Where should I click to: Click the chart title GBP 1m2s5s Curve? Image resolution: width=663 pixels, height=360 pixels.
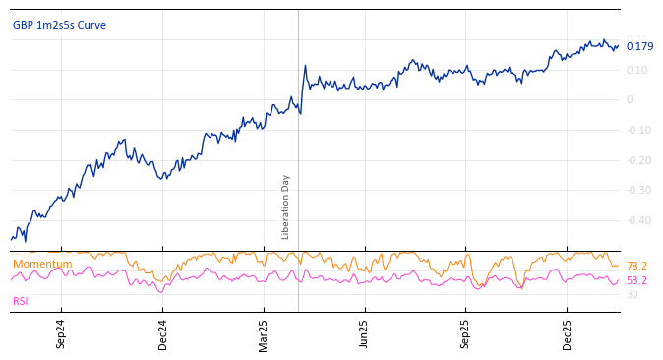(59, 26)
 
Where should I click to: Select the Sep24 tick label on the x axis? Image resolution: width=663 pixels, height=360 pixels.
(61, 334)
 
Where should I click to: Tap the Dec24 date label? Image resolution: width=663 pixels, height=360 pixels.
(162, 334)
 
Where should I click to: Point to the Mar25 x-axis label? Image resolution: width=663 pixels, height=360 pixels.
(264, 334)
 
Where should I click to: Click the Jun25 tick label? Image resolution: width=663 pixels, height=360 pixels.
(364, 334)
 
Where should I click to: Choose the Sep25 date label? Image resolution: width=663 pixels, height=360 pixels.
(465, 334)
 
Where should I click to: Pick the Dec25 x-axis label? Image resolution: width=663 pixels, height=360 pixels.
(567, 334)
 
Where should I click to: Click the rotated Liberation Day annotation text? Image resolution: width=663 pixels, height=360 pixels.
(286, 207)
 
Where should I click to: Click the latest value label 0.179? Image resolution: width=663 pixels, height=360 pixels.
(639, 46)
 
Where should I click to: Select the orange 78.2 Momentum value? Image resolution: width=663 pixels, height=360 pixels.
(636, 267)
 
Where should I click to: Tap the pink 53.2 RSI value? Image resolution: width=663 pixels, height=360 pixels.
(636, 280)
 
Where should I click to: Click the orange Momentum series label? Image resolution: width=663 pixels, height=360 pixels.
(42, 264)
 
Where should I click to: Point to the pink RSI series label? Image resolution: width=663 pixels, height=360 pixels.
(21, 301)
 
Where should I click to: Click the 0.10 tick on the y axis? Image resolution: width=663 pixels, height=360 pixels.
(636, 70)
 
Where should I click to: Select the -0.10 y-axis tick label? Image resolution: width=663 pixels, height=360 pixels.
(636, 131)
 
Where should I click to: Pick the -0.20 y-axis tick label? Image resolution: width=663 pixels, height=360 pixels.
(636, 161)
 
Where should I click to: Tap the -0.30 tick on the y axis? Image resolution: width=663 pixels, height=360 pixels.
(636, 191)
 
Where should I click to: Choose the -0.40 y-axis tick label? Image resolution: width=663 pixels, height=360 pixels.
(636, 221)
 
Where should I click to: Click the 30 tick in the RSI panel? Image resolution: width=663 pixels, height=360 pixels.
(632, 294)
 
